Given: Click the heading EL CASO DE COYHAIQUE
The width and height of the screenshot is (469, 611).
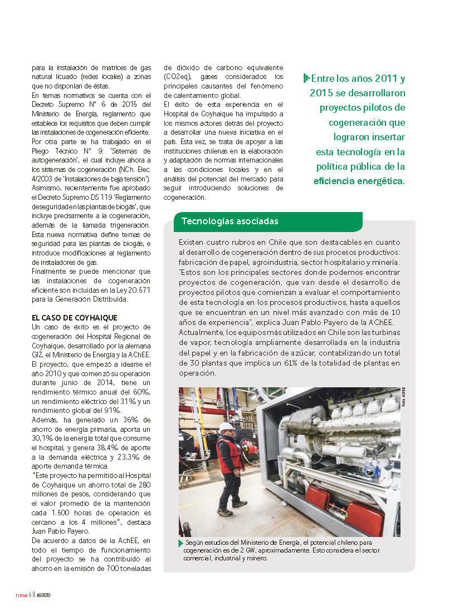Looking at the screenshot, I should (x=75, y=318).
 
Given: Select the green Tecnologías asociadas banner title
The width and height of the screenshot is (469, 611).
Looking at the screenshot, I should (x=229, y=221).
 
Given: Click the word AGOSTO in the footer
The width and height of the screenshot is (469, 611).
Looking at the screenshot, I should (x=44, y=595).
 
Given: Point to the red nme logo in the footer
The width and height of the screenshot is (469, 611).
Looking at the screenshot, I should (x=21, y=595).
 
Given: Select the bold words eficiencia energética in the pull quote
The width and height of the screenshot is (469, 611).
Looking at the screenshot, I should (x=359, y=181).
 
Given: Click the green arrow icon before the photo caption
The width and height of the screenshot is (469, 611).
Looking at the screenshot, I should (x=180, y=543).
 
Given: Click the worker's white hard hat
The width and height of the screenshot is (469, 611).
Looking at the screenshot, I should (x=226, y=427).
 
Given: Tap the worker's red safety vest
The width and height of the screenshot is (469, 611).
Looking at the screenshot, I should (x=229, y=454).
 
